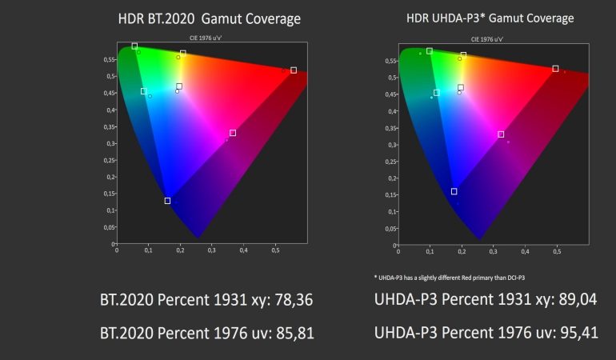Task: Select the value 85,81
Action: click(287, 331)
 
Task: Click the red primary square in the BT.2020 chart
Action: click(294, 70)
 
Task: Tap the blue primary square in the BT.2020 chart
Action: click(167, 201)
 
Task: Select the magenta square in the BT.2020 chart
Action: click(233, 133)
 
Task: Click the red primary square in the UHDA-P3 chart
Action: click(555, 69)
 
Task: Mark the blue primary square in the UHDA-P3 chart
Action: click(454, 191)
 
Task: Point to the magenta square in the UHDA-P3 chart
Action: click(501, 134)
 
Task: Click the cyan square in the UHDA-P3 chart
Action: click(437, 93)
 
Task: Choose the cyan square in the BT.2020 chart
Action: click(144, 91)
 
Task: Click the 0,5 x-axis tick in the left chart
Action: click(275, 250)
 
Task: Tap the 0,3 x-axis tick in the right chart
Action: click(494, 250)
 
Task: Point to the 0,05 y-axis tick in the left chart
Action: click(109, 227)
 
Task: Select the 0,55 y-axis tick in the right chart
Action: click(391, 61)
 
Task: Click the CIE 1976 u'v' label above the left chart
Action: click(210, 39)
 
